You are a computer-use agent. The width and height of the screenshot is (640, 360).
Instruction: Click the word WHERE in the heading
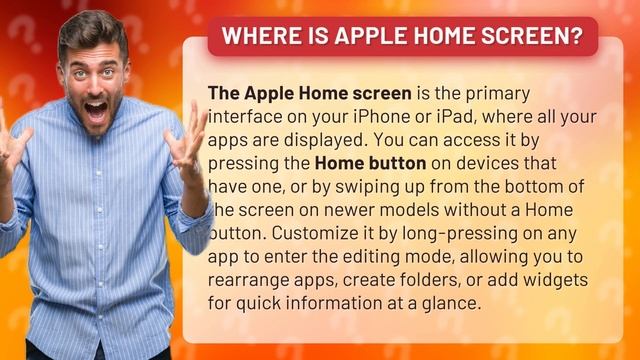pos(252,37)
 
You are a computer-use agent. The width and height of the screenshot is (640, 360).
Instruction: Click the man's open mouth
pos(97,109)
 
